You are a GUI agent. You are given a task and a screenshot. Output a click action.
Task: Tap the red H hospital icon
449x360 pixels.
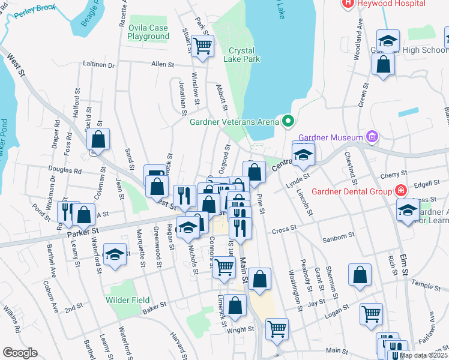(x=347, y=3)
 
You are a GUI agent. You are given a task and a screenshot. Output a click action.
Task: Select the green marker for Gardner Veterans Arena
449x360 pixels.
(x=288, y=122)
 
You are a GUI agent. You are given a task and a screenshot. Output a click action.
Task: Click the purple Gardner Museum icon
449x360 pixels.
(x=373, y=136)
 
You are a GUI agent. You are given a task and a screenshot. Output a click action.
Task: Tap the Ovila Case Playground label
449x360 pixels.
(x=148, y=32)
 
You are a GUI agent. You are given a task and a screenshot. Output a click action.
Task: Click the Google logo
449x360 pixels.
(x=20, y=353)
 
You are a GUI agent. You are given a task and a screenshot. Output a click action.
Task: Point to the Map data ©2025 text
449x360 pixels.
(x=423, y=355)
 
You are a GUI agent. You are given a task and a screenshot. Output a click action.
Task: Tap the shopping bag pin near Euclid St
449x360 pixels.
(x=98, y=139)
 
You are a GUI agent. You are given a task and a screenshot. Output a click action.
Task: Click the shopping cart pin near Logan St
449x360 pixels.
(x=372, y=314)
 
